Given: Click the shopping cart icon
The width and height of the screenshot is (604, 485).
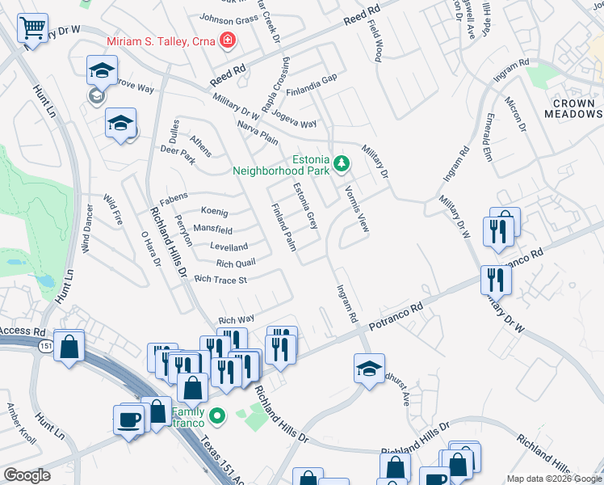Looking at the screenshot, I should click(33, 28).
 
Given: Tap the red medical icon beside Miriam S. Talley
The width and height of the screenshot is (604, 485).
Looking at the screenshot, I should click(229, 40).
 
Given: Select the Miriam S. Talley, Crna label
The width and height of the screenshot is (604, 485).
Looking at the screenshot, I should click(161, 40).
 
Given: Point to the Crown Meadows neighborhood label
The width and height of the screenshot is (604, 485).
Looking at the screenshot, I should click(575, 109).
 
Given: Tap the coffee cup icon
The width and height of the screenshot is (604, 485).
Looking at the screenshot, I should click(130, 420).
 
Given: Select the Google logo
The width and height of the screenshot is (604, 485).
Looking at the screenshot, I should click(27, 475).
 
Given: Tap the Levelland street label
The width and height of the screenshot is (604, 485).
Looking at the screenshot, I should click(229, 247).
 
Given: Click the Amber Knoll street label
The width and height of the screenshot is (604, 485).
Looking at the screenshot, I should click(23, 424).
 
